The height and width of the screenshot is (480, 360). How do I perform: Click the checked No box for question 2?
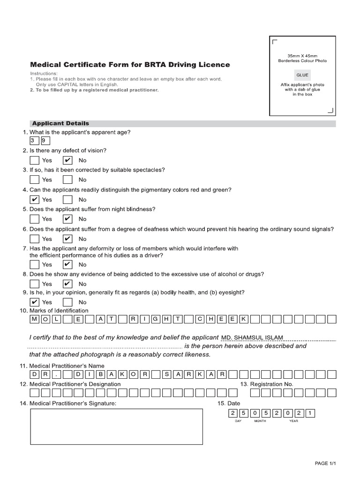point(68,160)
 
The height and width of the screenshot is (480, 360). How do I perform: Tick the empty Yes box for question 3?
point(34,180)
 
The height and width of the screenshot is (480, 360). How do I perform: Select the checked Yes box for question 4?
point(34,199)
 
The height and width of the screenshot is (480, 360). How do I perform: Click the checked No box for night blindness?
point(68,219)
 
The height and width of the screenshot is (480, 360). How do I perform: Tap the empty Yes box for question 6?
point(34,239)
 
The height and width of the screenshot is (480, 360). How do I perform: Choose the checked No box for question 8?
point(68,284)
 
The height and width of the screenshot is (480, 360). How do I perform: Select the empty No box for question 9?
point(68,302)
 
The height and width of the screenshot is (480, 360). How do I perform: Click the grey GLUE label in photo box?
point(302,75)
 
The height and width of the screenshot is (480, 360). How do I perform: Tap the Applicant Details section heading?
point(60,123)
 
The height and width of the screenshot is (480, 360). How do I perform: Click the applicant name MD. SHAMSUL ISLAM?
point(252,337)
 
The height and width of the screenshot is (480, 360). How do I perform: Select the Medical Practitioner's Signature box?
point(117,426)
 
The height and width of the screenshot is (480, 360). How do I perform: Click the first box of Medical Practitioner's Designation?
point(34,393)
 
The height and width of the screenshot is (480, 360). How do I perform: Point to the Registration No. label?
point(267,384)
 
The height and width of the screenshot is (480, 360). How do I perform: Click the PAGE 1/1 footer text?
point(325,463)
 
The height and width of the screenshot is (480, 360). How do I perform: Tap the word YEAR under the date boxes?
point(293,421)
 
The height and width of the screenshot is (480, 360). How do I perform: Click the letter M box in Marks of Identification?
point(35,319)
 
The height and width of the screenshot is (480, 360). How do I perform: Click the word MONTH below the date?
point(260,421)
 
